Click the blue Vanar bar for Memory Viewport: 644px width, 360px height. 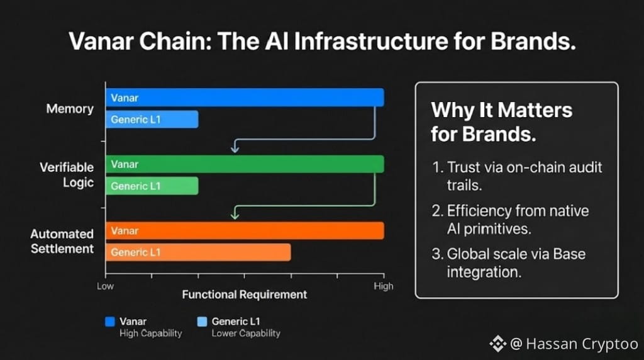(245, 98)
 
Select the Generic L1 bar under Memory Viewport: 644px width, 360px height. (152, 119)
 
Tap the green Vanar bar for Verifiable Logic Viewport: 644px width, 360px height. (245, 164)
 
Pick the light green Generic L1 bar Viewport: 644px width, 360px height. (152, 186)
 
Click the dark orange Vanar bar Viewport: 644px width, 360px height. (245, 230)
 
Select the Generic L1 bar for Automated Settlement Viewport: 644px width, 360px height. (198, 252)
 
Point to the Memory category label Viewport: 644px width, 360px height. (70, 108)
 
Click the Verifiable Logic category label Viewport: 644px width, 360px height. (67, 175)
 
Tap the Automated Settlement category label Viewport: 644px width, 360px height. (62, 241)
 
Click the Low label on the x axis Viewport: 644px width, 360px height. (105, 286)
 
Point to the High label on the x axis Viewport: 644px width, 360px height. (383, 286)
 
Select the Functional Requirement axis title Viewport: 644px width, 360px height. (245, 295)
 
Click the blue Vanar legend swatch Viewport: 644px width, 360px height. (109, 322)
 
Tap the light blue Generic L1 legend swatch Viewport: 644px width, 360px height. (202, 322)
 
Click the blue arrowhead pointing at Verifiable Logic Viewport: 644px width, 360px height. (235, 147)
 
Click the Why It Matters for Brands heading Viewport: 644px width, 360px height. (501, 122)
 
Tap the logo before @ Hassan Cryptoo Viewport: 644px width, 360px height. (498, 344)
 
